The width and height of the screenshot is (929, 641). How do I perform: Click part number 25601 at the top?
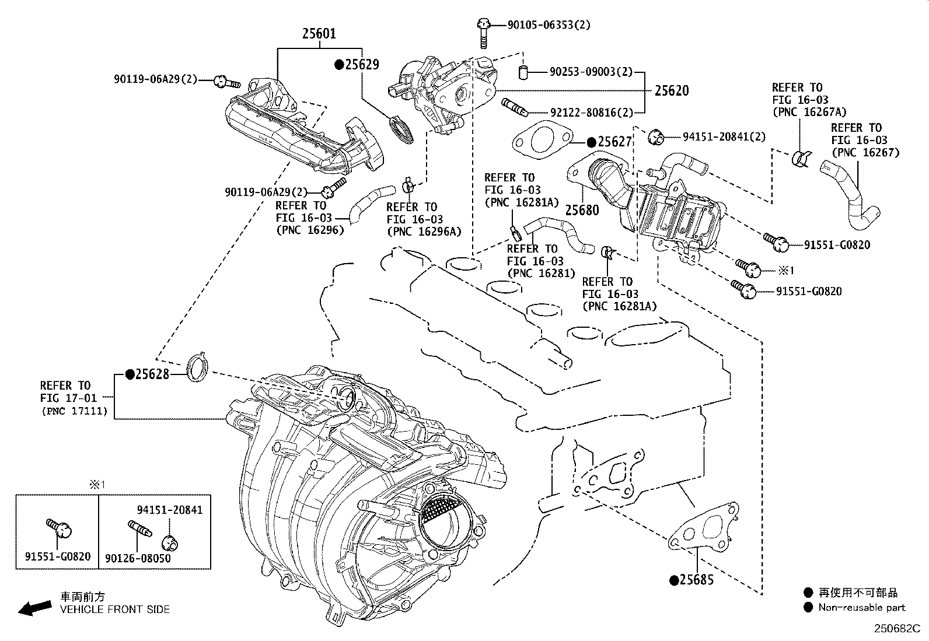pos(319,33)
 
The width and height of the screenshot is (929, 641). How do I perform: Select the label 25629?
pos(362,65)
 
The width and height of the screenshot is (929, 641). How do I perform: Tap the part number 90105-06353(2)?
pos(549,24)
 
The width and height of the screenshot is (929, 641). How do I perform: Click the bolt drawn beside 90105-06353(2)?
pos(483,32)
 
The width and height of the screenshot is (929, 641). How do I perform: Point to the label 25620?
pos(671,90)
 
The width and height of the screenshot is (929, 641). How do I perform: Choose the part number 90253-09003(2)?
pos(591,72)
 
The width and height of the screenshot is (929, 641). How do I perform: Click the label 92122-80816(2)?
pos(591,112)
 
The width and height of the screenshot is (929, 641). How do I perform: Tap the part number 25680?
pos(582,209)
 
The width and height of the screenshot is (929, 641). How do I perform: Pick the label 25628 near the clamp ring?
pos(151,374)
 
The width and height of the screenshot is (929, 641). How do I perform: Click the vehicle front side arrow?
pos(34,608)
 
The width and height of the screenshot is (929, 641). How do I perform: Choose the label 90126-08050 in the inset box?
pos(138,558)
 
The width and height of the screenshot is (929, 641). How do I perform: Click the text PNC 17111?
pos(74,411)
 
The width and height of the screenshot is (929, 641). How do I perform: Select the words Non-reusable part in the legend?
pos(861,608)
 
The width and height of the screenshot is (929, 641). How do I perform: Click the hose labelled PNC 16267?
pos(851,197)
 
